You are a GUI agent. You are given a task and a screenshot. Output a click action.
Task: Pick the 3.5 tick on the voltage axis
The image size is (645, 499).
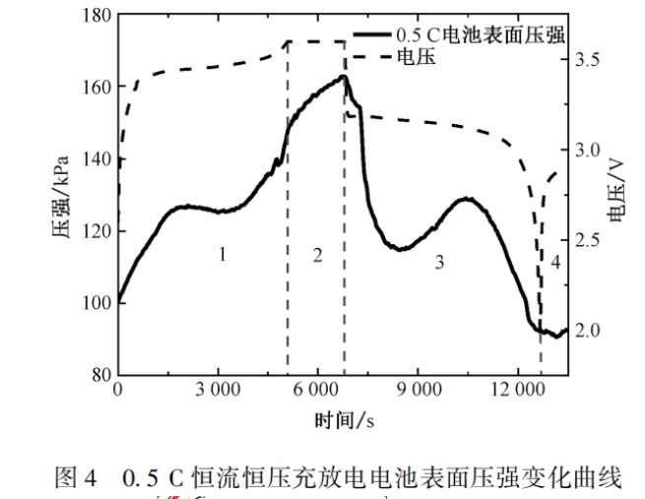click(586, 60)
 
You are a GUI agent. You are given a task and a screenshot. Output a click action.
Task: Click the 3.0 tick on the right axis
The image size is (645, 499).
click(586, 150)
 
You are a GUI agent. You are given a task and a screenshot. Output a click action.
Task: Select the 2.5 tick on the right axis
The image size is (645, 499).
click(586, 239)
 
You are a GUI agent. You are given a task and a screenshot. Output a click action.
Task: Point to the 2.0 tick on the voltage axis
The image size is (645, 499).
click(586, 329)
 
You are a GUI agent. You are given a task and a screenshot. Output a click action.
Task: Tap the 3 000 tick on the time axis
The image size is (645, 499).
click(218, 390)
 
